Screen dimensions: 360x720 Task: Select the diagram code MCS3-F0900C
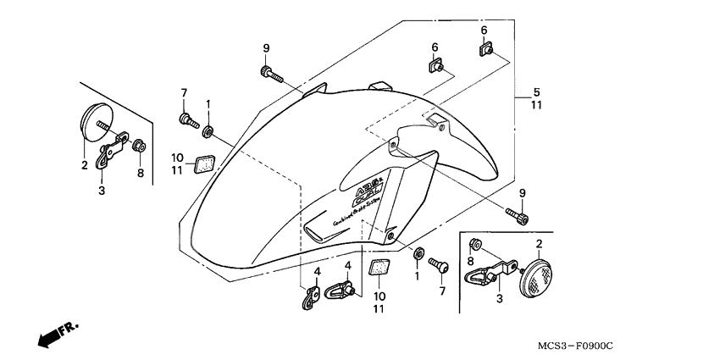tap(574, 346)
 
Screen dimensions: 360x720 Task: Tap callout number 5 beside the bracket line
tap(535, 91)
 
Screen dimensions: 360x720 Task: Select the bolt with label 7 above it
tap(186, 120)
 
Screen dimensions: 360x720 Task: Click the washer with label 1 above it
tap(208, 131)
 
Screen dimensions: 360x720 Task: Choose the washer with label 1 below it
tap(418, 253)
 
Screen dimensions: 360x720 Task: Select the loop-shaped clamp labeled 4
tap(342, 292)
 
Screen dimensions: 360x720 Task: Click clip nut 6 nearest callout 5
tap(487, 51)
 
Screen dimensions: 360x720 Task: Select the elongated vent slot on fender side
tap(320, 230)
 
